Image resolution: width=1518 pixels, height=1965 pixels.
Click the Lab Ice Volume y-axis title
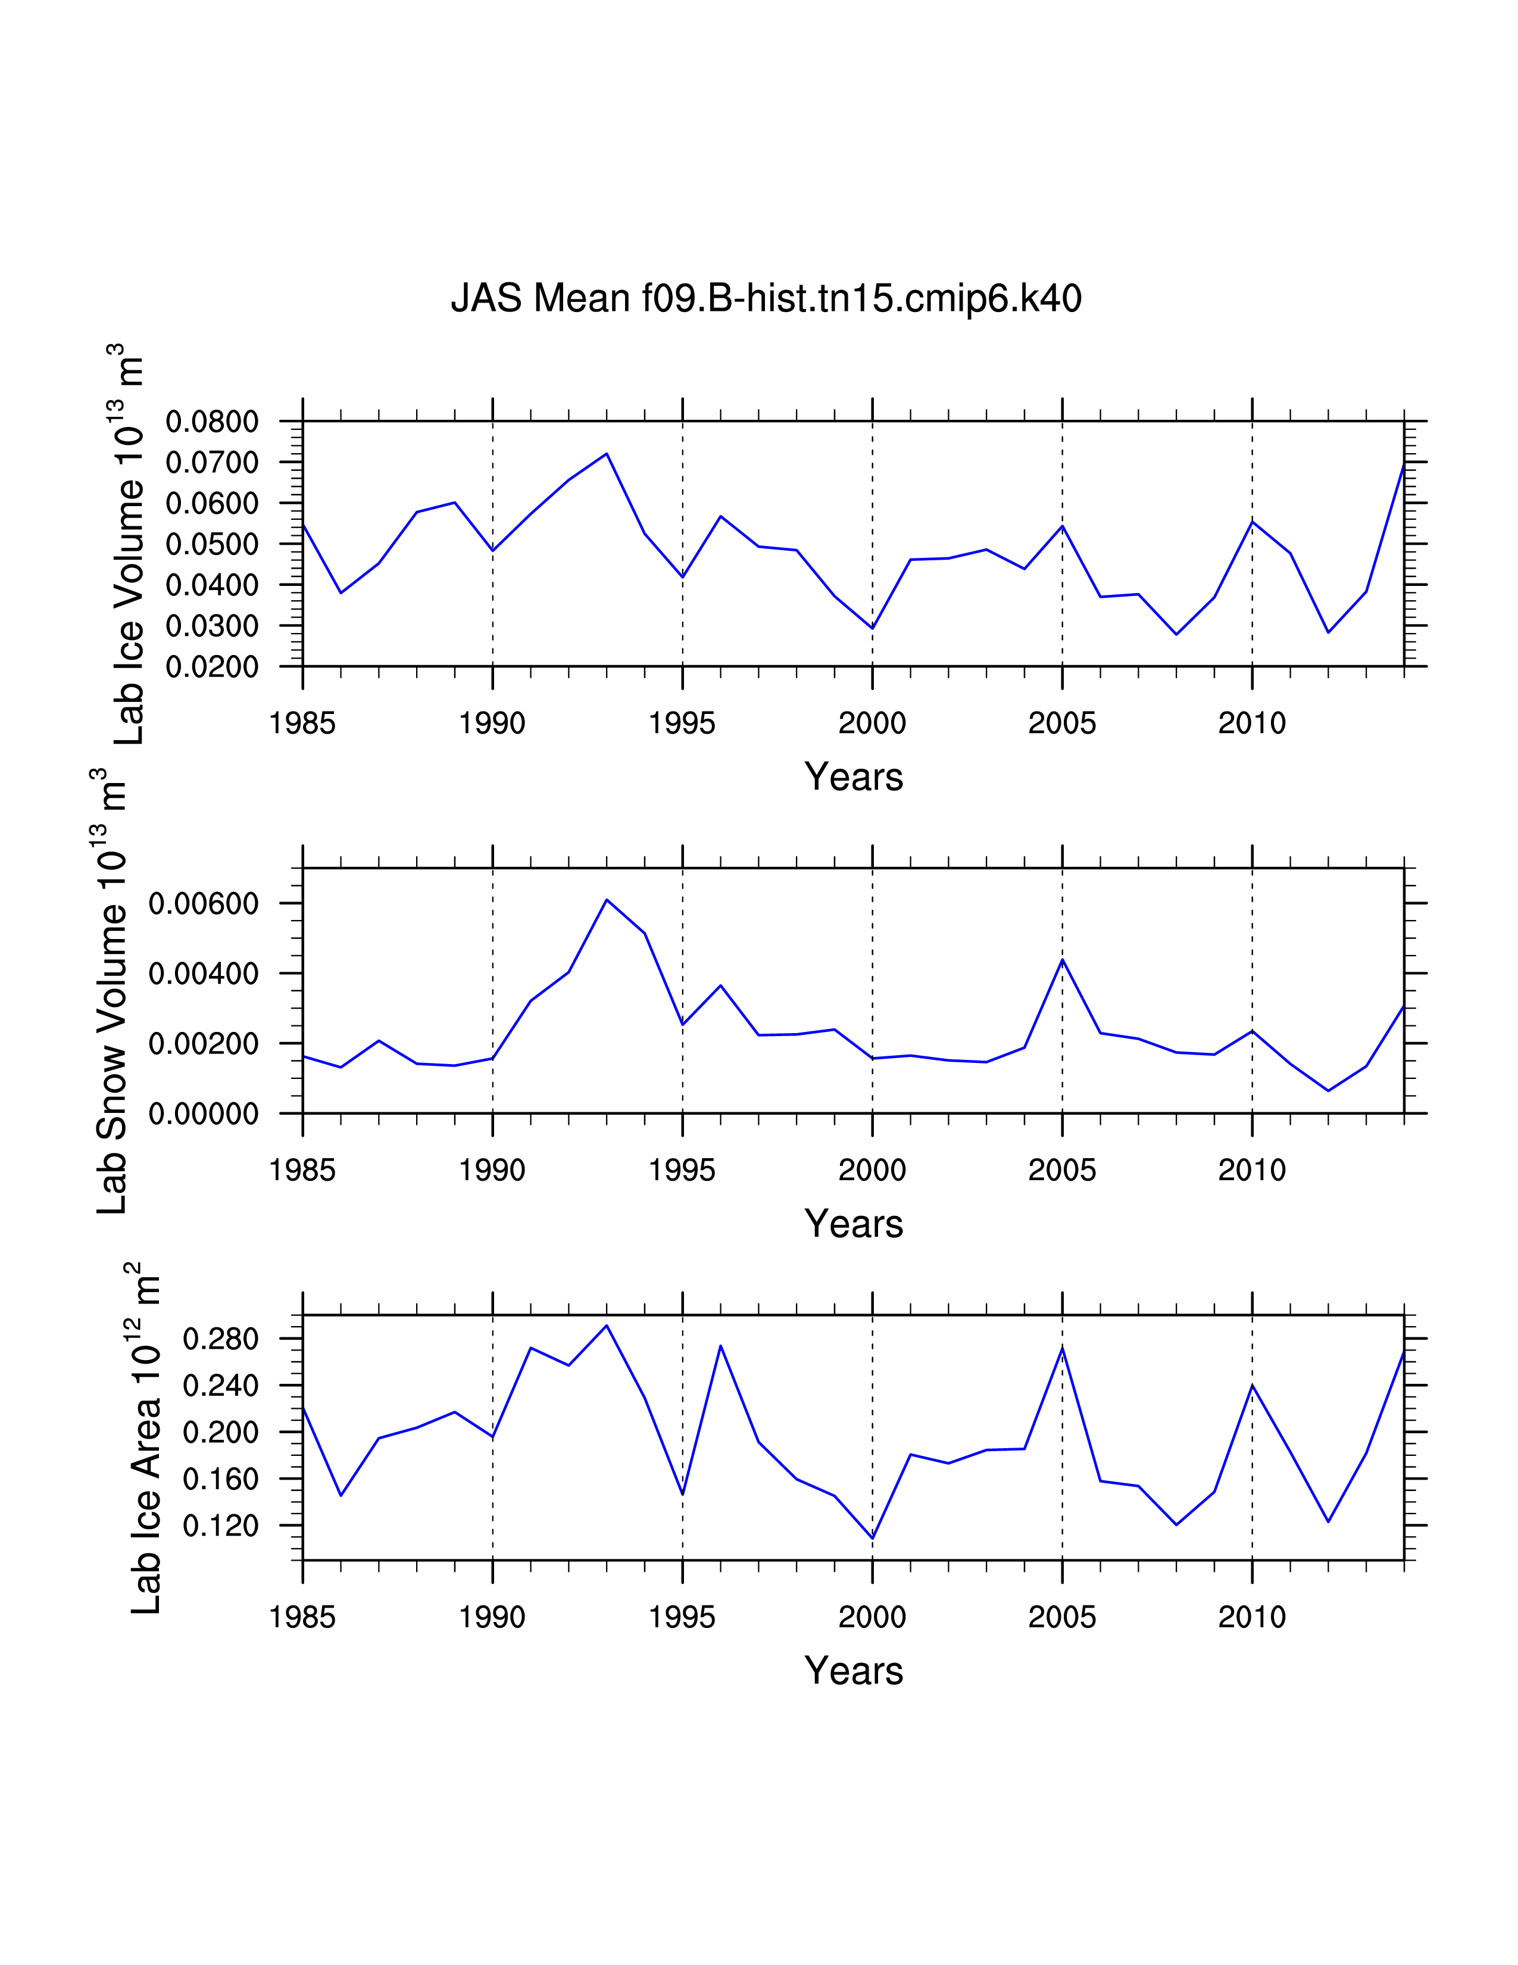coord(129,544)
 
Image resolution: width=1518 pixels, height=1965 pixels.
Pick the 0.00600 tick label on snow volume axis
coord(203,903)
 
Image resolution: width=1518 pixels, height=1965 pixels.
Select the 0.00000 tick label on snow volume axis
coord(203,1114)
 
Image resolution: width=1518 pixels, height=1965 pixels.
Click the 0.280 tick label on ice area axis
coord(220,1339)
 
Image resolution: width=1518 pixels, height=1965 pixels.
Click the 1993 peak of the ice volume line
coord(607,454)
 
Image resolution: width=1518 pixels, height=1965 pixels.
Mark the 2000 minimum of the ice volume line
coord(872,628)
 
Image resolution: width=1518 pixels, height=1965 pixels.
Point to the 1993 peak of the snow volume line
coord(607,900)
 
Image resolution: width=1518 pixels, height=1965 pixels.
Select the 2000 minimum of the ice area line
coord(872,1537)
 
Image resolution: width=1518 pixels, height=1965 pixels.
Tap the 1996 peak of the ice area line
coord(720,1346)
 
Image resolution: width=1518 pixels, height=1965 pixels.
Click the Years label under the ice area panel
coord(854,1671)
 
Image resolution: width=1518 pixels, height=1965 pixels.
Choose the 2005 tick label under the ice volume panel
coord(1062,723)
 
